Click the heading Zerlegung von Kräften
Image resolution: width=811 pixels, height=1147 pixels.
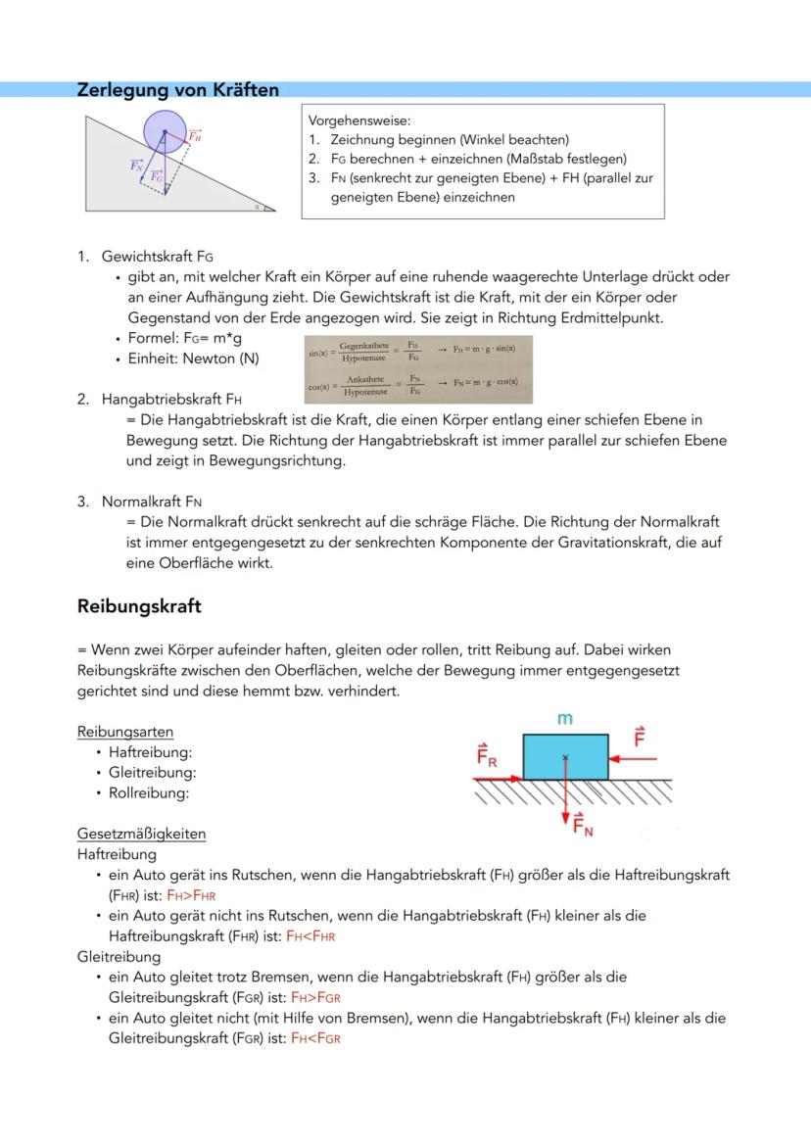click(x=177, y=90)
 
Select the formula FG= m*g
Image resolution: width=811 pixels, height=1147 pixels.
click(x=202, y=338)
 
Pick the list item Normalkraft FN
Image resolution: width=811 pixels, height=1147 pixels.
click(x=152, y=502)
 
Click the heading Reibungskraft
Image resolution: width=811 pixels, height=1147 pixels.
click(x=139, y=606)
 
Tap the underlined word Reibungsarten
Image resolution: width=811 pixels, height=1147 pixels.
click(x=125, y=732)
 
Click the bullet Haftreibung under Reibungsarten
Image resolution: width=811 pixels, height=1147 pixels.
click(x=151, y=752)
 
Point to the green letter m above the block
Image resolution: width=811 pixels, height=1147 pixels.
click(x=564, y=719)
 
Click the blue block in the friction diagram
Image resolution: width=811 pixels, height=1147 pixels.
click(x=565, y=756)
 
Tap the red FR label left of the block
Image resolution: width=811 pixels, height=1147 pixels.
click(x=487, y=755)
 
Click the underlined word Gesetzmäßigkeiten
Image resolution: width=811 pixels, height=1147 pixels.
click(x=141, y=834)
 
